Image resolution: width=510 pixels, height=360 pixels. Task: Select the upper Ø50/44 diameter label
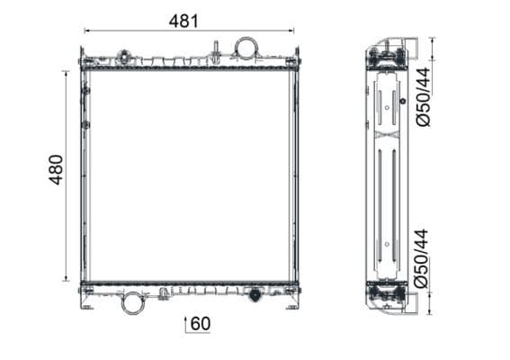point(424,98)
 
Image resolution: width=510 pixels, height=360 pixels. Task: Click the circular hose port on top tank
point(246,48)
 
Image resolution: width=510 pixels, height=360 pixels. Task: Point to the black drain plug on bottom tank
point(255,294)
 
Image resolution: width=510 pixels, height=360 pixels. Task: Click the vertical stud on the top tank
point(216,49)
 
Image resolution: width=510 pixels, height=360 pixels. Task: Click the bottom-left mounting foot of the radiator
point(86,304)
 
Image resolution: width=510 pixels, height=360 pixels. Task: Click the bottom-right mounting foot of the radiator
point(292,304)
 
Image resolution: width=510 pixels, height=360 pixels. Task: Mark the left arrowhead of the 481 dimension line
point(85,31)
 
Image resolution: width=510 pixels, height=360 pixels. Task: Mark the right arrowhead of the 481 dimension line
point(293,31)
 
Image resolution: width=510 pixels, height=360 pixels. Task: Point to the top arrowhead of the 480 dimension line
point(67,73)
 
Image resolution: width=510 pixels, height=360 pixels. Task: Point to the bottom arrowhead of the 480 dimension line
point(67,278)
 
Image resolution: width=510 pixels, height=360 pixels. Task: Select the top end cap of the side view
point(388,56)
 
